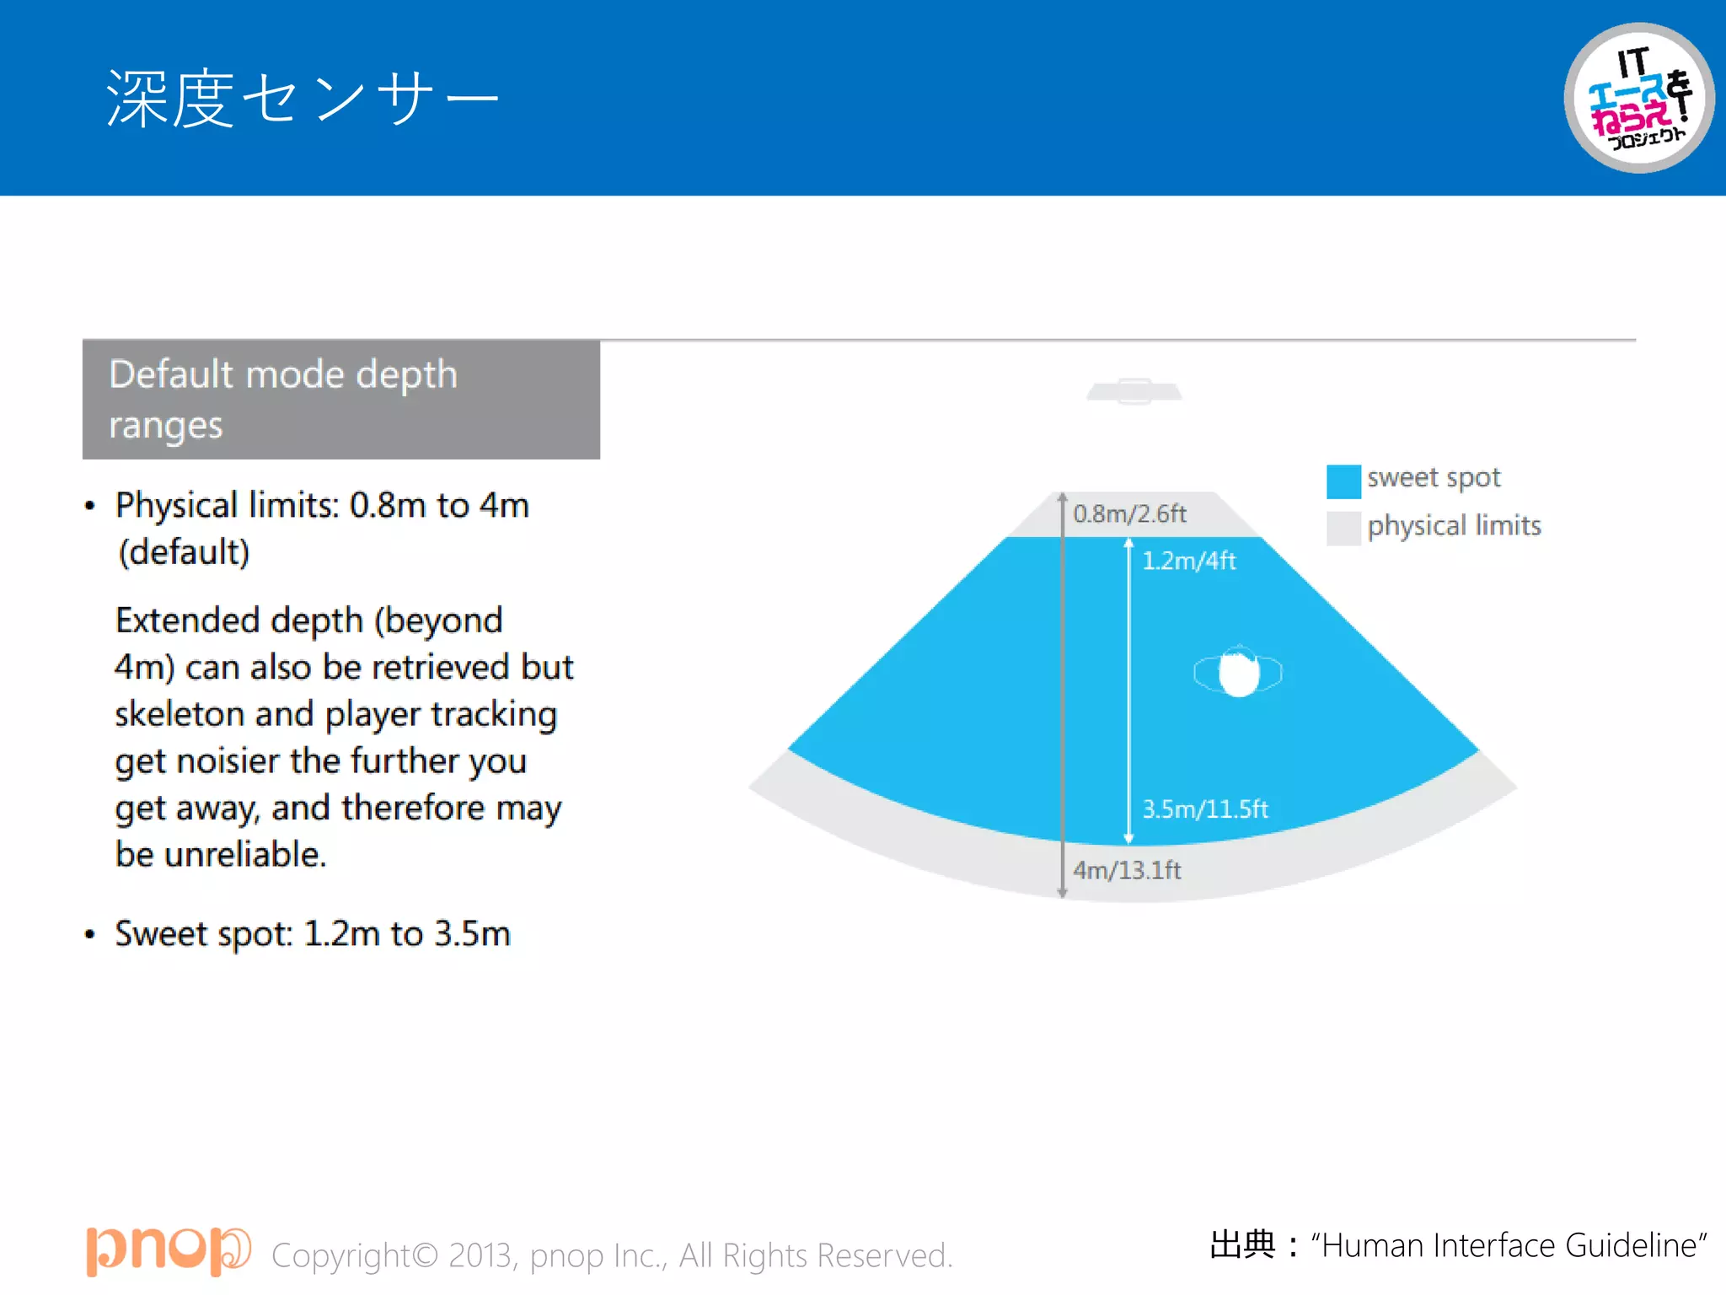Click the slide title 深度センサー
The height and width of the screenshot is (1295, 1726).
click(302, 99)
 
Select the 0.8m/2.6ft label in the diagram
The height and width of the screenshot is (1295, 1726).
click(1129, 513)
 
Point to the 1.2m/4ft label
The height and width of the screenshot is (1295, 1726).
click(1188, 561)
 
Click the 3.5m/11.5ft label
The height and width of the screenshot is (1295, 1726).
click(1204, 809)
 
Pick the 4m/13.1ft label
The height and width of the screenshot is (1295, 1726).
click(1127, 870)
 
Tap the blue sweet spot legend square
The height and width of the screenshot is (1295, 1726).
click(1343, 481)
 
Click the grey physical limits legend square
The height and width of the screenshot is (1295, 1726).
click(1343, 529)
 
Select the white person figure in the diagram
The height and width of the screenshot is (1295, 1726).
click(1238, 674)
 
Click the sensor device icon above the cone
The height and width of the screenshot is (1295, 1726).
click(1134, 391)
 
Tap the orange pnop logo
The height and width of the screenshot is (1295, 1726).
click(168, 1250)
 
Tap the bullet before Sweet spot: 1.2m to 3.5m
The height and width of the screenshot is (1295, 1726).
click(90, 935)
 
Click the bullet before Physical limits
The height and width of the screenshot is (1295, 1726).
click(90, 507)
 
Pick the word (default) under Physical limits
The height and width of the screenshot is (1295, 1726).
click(184, 552)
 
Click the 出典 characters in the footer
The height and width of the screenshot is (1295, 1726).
click(1243, 1244)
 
